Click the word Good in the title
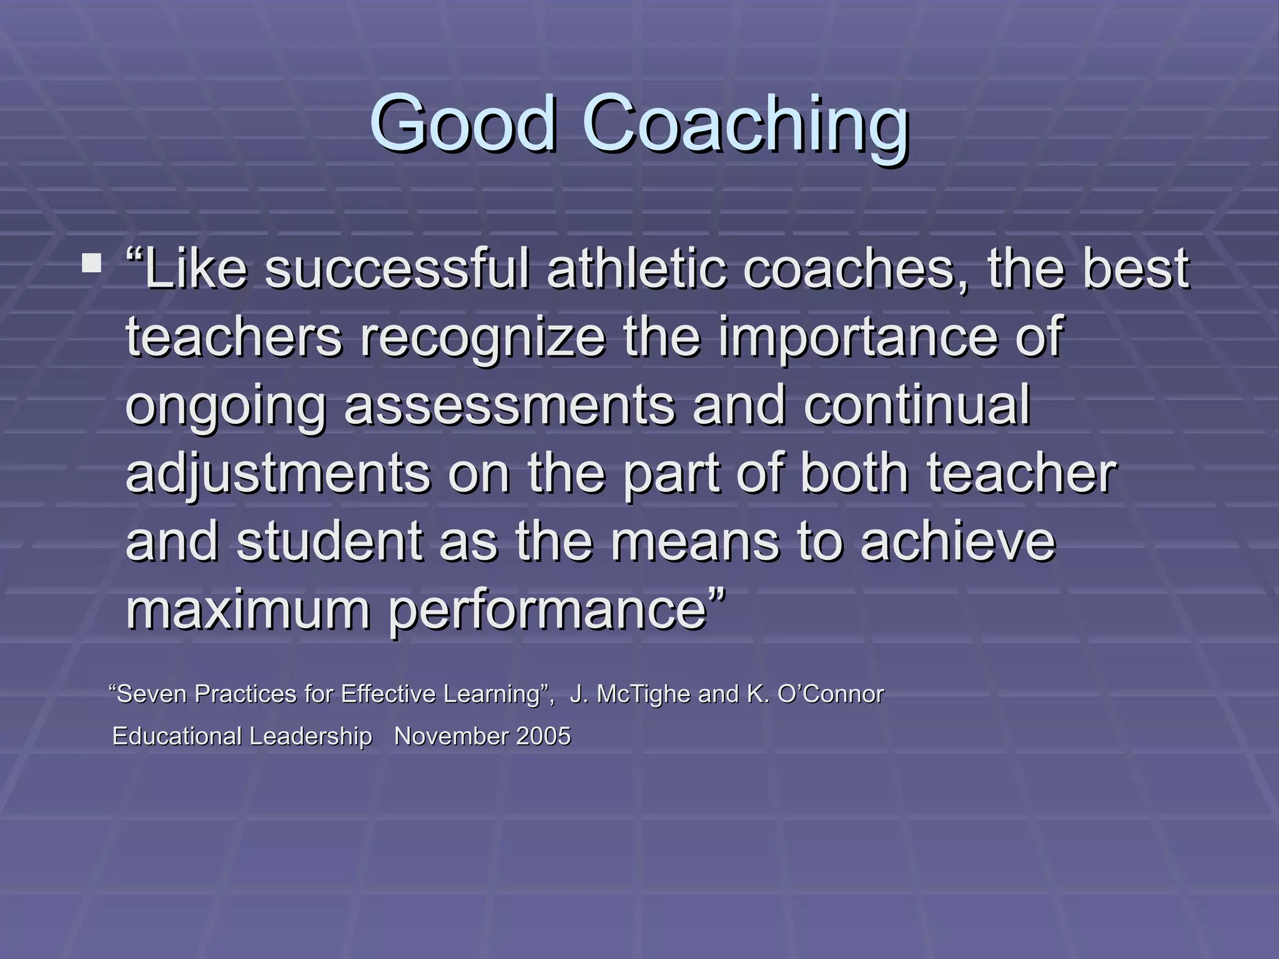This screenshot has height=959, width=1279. click(x=463, y=123)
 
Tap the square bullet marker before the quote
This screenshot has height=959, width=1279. click(x=92, y=263)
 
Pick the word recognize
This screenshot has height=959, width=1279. click(x=483, y=338)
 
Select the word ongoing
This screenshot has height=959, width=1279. click(x=226, y=406)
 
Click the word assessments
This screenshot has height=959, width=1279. click(x=509, y=406)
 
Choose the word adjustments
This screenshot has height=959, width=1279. click(x=278, y=474)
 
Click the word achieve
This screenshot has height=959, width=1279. click(x=958, y=541)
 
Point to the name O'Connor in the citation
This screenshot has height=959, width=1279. click(x=830, y=694)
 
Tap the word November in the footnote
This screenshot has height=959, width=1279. click(x=451, y=737)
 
